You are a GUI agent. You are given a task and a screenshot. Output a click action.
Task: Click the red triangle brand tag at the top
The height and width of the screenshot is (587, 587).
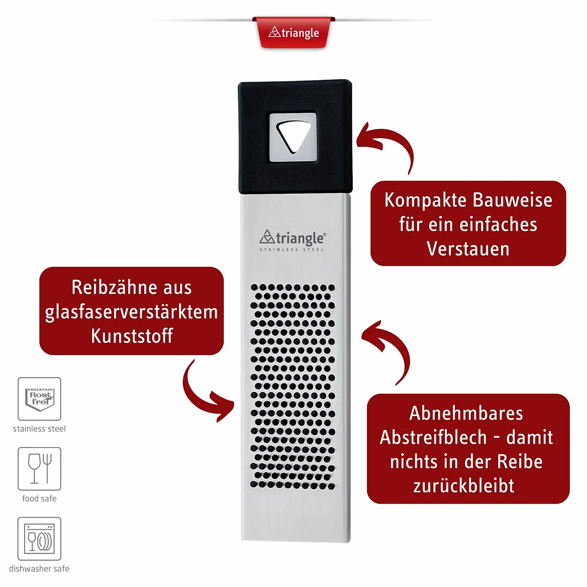[x=293, y=33]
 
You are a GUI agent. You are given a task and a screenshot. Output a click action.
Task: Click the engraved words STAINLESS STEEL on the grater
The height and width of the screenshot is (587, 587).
[x=292, y=250]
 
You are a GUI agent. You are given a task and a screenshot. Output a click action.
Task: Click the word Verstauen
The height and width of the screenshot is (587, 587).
[x=468, y=249]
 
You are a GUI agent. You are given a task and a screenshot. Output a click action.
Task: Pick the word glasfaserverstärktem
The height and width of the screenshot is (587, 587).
[x=131, y=312]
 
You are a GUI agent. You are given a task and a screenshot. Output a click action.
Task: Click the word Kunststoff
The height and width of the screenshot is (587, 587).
[x=132, y=336]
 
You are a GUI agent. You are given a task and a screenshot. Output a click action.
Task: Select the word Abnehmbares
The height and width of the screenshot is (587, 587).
[x=466, y=413]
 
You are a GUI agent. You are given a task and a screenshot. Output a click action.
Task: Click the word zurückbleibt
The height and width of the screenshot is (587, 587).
[x=464, y=486]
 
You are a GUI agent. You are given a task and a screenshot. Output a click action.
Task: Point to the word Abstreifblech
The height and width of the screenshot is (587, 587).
[x=433, y=437]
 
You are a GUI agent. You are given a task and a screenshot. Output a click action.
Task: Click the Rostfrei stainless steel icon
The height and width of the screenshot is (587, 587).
[x=40, y=399]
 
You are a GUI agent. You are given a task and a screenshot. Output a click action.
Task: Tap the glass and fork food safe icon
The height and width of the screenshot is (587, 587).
[x=40, y=468]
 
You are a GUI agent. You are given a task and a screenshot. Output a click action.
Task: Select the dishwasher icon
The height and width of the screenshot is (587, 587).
[x=40, y=539]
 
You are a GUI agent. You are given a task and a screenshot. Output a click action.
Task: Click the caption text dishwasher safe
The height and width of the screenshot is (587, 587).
[x=39, y=569]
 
